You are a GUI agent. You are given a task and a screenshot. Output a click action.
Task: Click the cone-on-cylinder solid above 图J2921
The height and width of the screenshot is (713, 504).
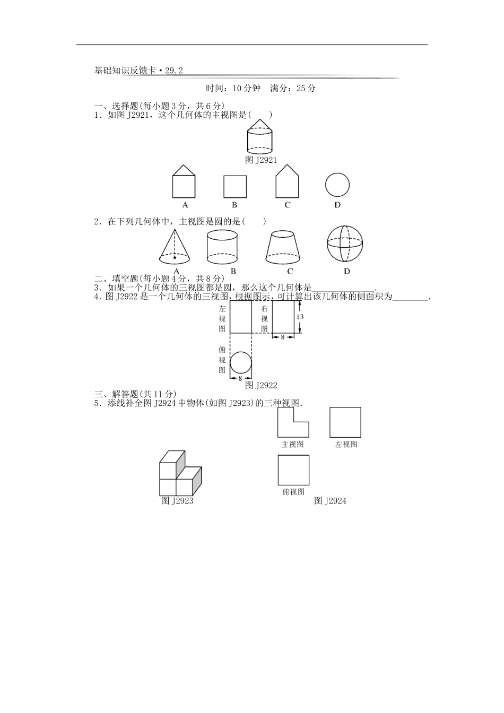(260, 137)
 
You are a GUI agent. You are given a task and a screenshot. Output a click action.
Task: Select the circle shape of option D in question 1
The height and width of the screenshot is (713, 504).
(337, 185)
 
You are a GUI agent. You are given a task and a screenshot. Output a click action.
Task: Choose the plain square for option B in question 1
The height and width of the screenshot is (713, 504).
(234, 186)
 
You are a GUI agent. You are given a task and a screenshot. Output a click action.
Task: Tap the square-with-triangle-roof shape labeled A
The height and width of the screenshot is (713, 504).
(184, 181)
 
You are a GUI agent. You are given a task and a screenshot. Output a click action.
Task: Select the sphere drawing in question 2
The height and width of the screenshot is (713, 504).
(346, 244)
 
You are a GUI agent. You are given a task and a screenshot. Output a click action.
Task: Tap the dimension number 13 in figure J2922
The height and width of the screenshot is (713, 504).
(300, 317)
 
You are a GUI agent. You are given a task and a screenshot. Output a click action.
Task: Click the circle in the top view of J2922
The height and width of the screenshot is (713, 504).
(240, 363)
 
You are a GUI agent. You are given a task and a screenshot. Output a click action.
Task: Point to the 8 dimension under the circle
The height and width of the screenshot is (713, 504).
(240, 378)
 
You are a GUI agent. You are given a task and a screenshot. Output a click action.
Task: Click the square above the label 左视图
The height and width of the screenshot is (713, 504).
(345, 422)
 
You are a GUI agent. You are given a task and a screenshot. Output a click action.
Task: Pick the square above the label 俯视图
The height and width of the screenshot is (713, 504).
(293, 470)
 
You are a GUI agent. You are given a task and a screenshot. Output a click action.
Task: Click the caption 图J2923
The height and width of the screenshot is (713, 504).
(177, 501)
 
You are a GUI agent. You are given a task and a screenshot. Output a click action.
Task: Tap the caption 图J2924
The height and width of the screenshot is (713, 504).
(330, 501)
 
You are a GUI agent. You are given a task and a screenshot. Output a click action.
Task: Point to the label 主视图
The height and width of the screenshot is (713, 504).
(293, 445)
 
